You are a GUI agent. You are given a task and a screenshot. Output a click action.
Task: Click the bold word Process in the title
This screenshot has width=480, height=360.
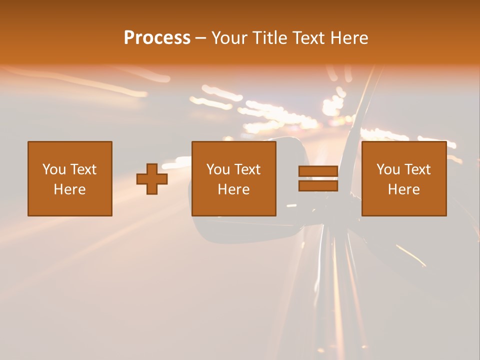coord(157,38)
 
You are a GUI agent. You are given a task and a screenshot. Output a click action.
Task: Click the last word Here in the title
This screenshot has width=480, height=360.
coord(350,38)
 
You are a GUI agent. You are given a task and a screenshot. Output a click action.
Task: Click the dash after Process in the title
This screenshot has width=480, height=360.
coord(200,38)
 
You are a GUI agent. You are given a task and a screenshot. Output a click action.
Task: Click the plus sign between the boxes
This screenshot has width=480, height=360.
coord(152,179)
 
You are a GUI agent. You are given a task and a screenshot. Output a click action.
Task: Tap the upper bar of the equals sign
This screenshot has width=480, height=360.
coord(318,171)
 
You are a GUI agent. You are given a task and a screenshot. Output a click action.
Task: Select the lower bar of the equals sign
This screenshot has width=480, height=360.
coord(318,186)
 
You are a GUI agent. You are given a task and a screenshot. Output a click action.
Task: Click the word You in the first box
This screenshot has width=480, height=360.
coord(54,169)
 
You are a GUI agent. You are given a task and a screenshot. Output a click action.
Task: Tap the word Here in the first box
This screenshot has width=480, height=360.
coord(69,189)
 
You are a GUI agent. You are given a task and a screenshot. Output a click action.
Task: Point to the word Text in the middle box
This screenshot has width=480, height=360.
coord(247,169)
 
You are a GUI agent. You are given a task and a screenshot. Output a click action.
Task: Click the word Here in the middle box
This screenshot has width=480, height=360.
coord(233,189)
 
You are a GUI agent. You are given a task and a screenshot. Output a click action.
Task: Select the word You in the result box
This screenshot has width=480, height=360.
coord(388,169)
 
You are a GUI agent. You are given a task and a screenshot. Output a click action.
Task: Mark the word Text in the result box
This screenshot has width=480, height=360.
coord(417,169)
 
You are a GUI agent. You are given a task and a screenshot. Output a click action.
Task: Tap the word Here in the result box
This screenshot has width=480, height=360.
coord(403,189)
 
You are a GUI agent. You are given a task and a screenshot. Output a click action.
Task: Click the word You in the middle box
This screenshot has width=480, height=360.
coord(218,169)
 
